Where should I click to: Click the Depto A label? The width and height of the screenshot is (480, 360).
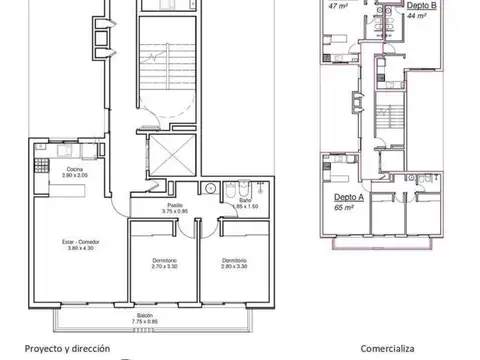348,198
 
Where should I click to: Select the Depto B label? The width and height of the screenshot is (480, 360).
421,6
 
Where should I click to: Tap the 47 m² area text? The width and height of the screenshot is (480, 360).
338,5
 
